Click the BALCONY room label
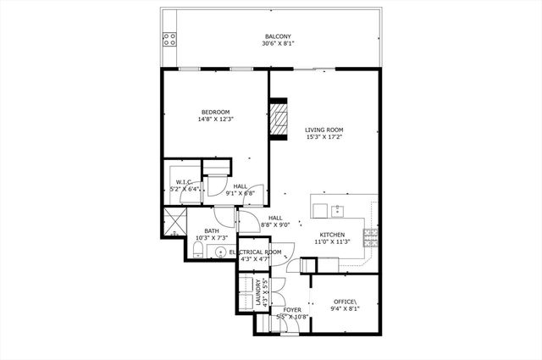click(279, 36)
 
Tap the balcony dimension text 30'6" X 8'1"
click(279, 43)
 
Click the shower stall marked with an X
click(175, 224)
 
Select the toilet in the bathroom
click(193, 250)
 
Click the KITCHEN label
click(332, 235)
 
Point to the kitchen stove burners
click(371, 238)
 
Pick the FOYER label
click(291, 310)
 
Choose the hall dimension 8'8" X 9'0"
click(279, 225)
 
